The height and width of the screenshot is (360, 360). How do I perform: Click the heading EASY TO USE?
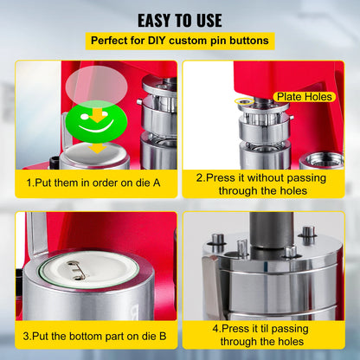tap(179, 19)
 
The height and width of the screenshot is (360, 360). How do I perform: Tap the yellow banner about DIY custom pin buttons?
tap(179, 41)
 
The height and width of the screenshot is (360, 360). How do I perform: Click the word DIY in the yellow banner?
tap(163, 41)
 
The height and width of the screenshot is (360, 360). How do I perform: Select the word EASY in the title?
tap(155, 19)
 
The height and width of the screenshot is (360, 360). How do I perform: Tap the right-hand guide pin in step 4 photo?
tap(307, 235)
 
